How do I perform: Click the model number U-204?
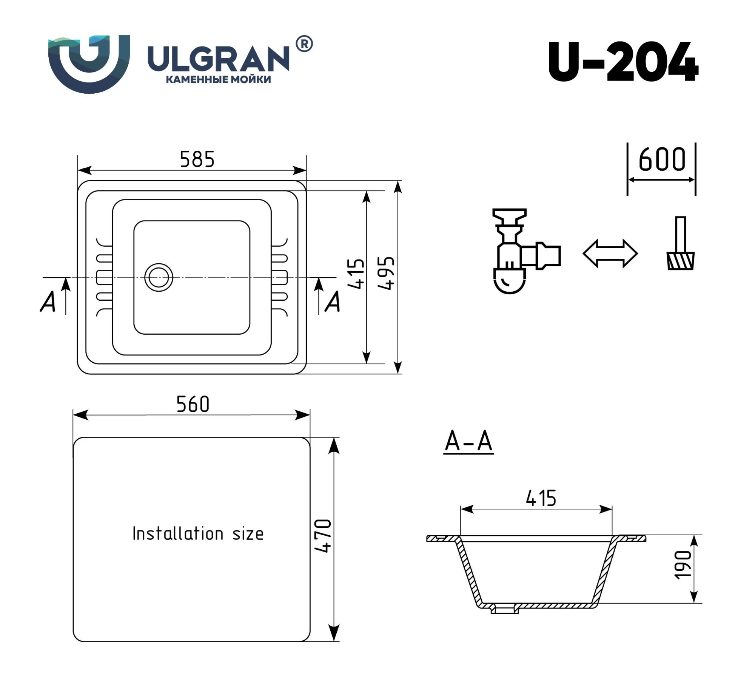click(623, 62)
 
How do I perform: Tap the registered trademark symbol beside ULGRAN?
click(304, 44)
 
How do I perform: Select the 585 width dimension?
click(197, 159)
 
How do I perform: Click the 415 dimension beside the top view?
click(356, 274)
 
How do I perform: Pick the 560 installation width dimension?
click(193, 404)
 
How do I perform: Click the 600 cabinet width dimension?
click(662, 159)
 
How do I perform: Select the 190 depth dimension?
click(683, 565)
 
